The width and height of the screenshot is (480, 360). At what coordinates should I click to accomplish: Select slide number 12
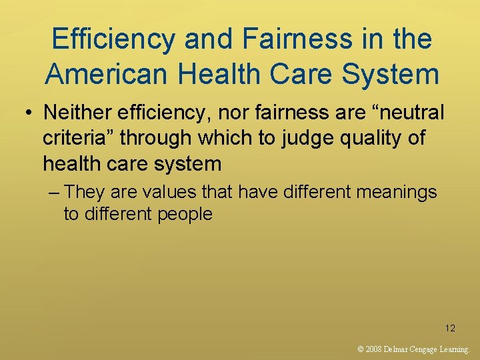(x=450, y=327)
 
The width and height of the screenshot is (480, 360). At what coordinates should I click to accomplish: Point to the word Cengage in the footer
(x=425, y=349)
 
